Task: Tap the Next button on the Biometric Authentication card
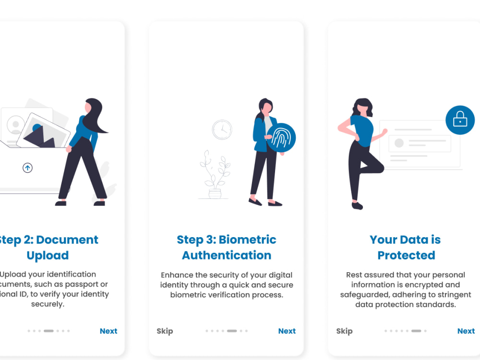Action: point(287,331)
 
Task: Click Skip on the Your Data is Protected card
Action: point(344,331)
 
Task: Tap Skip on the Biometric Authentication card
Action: point(165,331)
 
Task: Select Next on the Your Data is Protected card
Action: point(466,331)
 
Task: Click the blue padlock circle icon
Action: point(460,120)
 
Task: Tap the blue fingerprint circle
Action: point(281,138)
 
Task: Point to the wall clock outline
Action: point(222,130)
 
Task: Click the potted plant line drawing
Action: point(215,175)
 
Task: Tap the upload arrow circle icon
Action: point(28,168)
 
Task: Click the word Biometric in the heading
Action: point(248,240)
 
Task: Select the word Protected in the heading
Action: point(406,255)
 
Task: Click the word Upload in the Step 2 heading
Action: point(48,255)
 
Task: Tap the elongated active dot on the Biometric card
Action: point(232,331)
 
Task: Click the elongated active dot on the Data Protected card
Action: point(416,331)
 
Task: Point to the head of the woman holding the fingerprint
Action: point(265,106)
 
